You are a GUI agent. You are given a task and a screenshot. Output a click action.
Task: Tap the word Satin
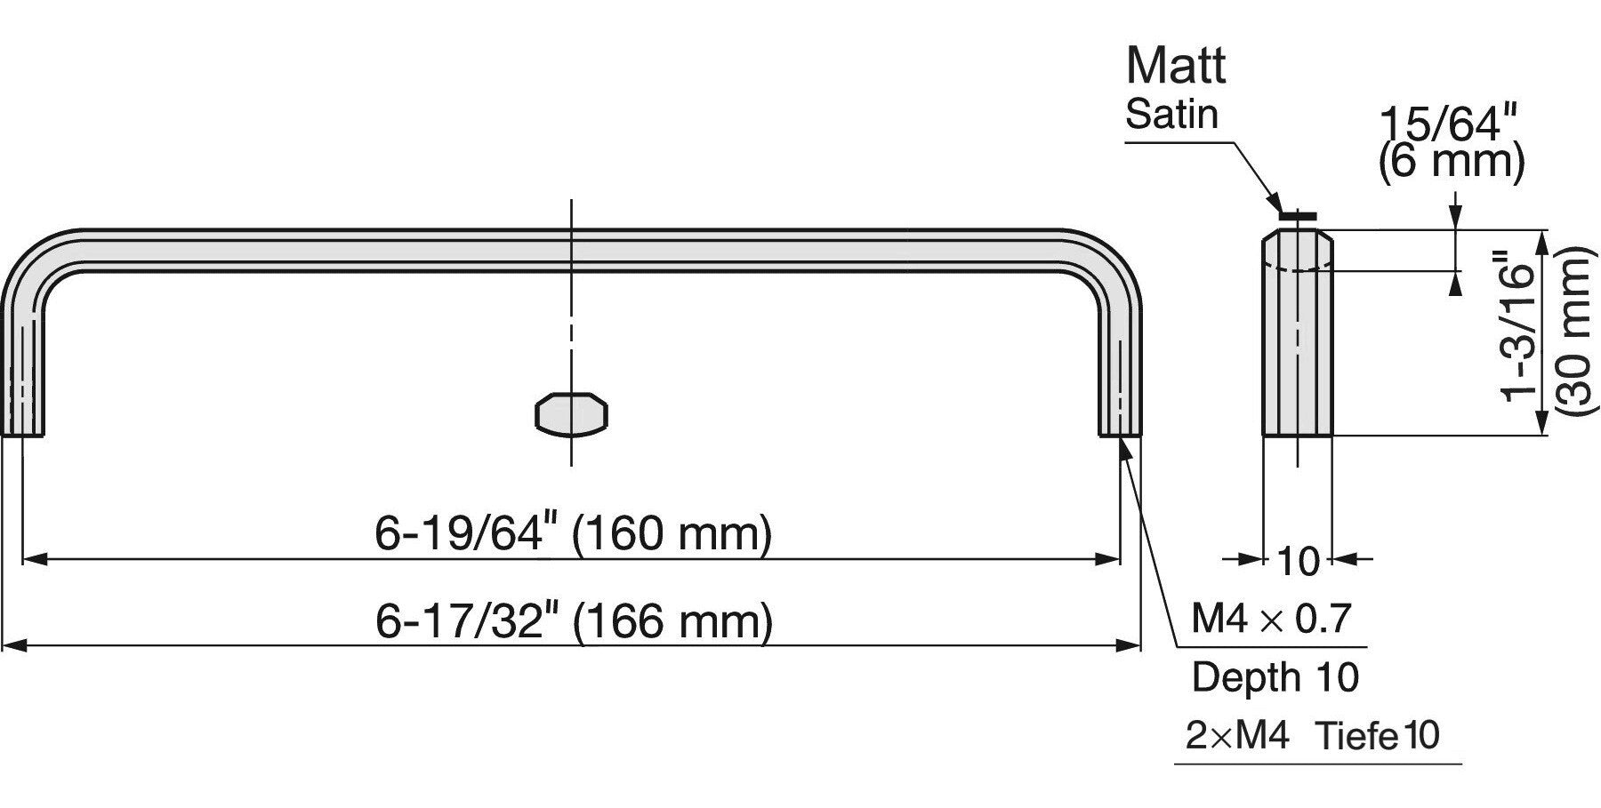(x=1171, y=115)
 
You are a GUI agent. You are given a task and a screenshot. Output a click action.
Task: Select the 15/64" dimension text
(x=1446, y=124)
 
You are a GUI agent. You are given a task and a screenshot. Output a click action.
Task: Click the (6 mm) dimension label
(x=1452, y=163)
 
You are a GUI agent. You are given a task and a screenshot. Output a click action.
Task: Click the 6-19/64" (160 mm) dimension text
(x=573, y=534)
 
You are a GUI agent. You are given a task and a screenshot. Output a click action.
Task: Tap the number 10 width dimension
(x=1299, y=562)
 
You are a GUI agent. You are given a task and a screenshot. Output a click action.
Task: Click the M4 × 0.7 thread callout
(x=1271, y=618)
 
